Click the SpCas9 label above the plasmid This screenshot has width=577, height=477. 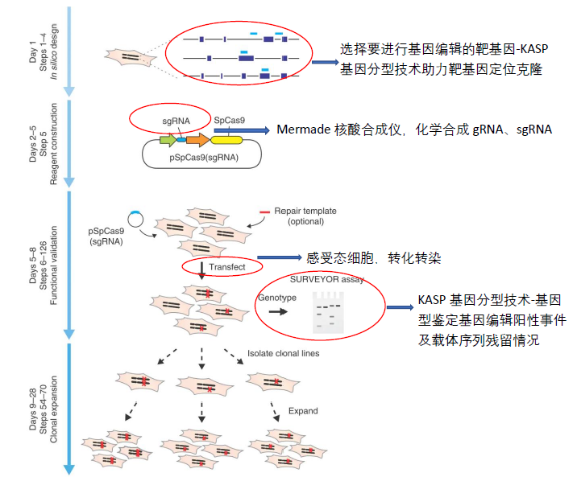click(230, 120)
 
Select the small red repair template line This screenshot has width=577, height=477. click(264, 212)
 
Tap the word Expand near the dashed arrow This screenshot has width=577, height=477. click(302, 411)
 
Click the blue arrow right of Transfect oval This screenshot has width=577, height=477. click(278, 258)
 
